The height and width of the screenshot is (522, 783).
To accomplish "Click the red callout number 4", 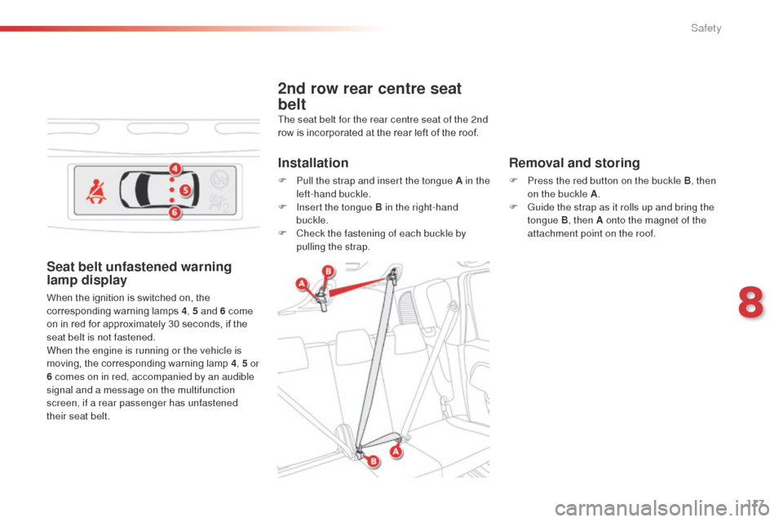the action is pyautogui.click(x=175, y=169).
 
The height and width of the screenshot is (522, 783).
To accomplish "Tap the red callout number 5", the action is pyautogui.click(x=185, y=191).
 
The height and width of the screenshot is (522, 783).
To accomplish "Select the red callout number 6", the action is pyautogui.click(x=175, y=213).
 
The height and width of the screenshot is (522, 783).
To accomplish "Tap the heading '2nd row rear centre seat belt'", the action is pyautogui.click(x=369, y=96).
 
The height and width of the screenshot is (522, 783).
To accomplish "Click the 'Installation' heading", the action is pyautogui.click(x=313, y=163).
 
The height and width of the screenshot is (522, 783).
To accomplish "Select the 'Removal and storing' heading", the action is pyautogui.click(x=574, y=163).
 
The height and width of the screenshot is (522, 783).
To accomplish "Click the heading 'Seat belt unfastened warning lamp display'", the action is pyautogui.click(x=139, y=273).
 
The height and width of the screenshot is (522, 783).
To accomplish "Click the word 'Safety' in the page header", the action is pyautogui.click(x=706, y=29).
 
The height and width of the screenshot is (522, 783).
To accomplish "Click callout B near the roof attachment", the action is pyautogui.click(x=328, y=271).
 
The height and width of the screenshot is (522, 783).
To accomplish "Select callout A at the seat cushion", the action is pyautogui.click(x=396, y=451).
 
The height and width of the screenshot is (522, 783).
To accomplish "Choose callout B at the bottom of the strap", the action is pyautogui.click(x=374, y=462).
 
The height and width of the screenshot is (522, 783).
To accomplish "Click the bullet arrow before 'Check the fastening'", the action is pyautogui.click(x=282, y=233).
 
